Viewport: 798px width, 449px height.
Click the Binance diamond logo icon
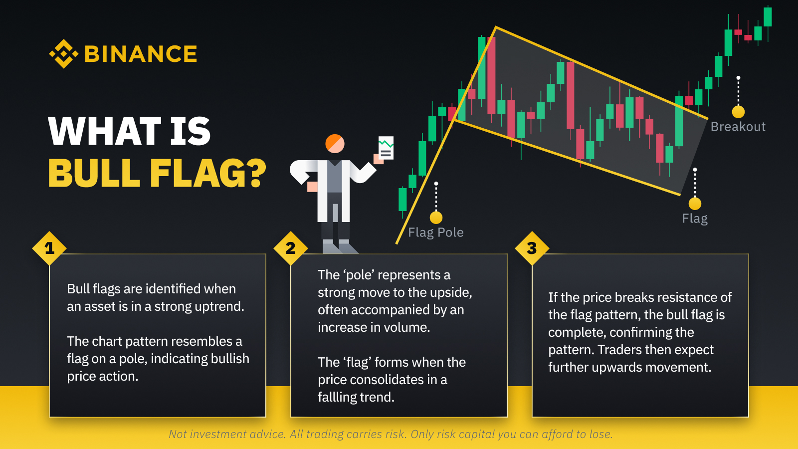click(x=63, y=54)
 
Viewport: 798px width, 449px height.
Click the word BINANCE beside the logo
click(x=141, y=54)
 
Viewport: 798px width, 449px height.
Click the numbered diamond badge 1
click(x=49, y=248)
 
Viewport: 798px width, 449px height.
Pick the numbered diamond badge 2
click(x=291, y=248)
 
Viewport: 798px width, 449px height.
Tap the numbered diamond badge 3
click(x=532, y=248)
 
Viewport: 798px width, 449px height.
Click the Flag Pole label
click(x=436, y=232)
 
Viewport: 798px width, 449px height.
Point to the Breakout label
click(x=738, y=127)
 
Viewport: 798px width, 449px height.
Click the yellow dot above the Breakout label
click(x=738, y=112)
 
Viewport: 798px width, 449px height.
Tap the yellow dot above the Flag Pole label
click(x=436, y=218)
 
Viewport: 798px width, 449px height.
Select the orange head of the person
click(x=335, y=144)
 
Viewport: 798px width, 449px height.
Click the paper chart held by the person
click(x=386, y=148)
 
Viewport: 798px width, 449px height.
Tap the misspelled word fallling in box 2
click(x=342, y=397)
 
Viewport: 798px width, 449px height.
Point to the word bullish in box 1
click(x=230, y=359)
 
